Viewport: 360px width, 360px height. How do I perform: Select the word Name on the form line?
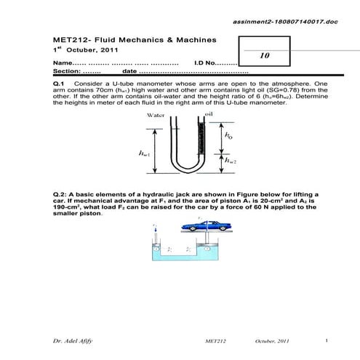point(63,63)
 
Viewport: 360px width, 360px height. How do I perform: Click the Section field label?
point(67,71)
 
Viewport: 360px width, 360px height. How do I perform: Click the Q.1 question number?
point(60,84)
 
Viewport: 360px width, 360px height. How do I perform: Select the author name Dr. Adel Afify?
point(71,340)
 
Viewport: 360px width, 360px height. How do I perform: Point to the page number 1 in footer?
point(327,340)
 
